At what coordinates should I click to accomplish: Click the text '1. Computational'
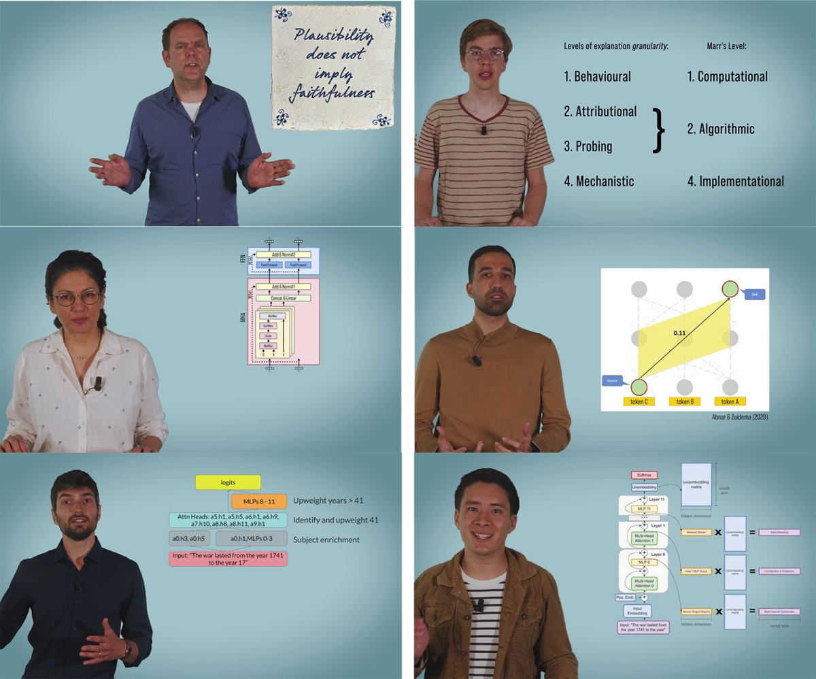[727, 77]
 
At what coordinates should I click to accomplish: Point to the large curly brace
[658, 129]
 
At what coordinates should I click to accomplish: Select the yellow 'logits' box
[227, 482]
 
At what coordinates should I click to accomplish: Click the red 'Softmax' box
[644, 474]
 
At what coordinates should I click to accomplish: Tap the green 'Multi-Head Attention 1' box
[643, 542]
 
